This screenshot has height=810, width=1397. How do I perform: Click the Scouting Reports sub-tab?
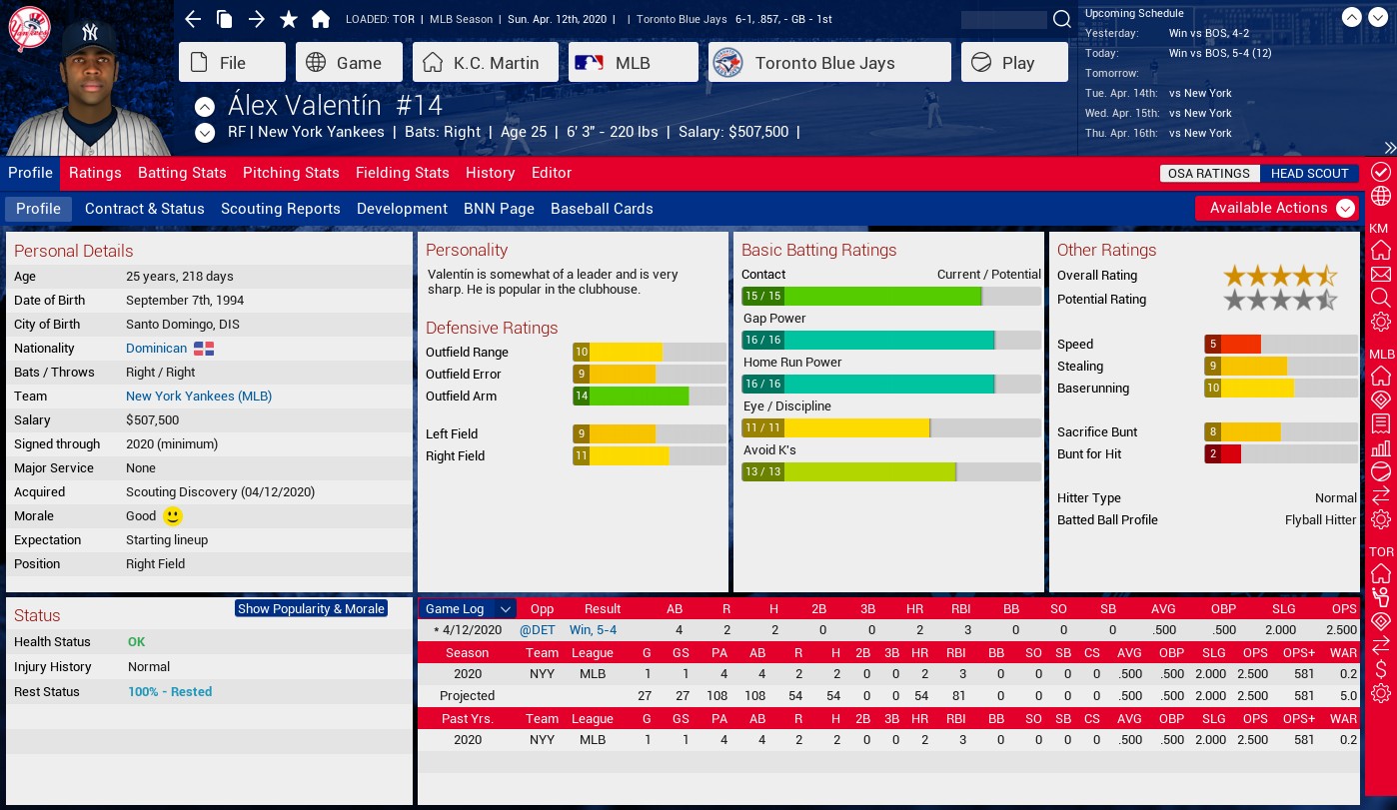[280, 209]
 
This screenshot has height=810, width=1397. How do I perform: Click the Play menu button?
[1015, 63]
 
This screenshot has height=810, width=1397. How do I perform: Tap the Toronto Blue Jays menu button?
[828, 63]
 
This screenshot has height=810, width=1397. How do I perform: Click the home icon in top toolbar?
[321, 20]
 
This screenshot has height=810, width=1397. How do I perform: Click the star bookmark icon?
[289, 20]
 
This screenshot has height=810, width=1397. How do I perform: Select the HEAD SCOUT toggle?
[1309, 174]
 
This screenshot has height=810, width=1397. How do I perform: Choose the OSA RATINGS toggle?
[1208, 174]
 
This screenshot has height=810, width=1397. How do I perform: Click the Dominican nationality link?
[156, 349]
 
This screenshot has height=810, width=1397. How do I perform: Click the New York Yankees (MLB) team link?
[198, 397]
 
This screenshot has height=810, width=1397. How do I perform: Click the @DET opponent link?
[537, 630]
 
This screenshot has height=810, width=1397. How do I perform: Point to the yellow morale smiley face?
[173, 516]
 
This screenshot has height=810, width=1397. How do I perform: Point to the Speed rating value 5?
[1213, 345]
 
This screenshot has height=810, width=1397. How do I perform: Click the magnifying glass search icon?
[1061, 20]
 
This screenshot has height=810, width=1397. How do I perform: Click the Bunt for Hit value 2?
[1213, 454]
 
